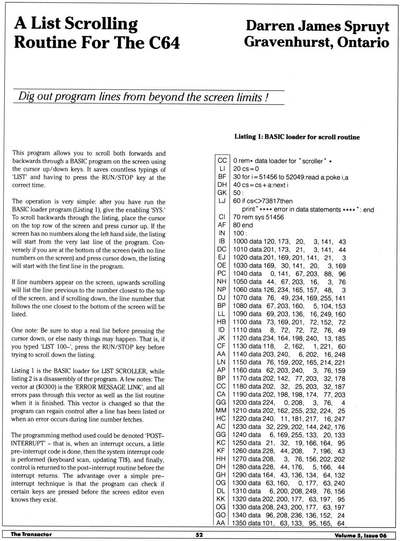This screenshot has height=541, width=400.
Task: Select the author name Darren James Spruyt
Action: pyautogui.click(x=317, y=26)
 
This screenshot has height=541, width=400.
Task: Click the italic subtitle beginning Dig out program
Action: pyautogui.click(x=143, y=97)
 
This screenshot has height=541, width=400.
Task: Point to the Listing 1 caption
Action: pyautogui.click(x=297, y=137)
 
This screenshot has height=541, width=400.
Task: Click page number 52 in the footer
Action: pyautogui.click(x=199, y=535)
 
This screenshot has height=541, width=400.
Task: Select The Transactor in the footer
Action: pyautogui.click(x=31, y=534)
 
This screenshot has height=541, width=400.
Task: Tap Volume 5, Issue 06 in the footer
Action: pyautogui.click(x=360, y=535)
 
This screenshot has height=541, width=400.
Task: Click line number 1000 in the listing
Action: pyautogui.click(x=240, y=242)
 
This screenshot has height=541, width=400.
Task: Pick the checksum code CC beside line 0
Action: pyautogui.click(x=222, y=160)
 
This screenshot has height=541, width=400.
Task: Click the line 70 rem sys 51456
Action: pyautogui.click(x=258, y=217)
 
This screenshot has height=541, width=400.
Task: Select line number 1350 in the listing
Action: pyautogui.click(x=240, y=523)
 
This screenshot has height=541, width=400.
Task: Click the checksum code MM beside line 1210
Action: pyautogui.click(x=221, y=411)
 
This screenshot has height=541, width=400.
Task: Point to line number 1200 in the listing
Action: pyautogui.click(x=240, y=403)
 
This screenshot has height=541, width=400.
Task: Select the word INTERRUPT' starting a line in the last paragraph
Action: pyautogui.click(x=28, y=444)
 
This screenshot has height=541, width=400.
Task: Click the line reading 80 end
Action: pyautogui.click(x=243, y=225)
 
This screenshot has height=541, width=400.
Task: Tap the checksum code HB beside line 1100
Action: pyautogui.click(x=221, y=322)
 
